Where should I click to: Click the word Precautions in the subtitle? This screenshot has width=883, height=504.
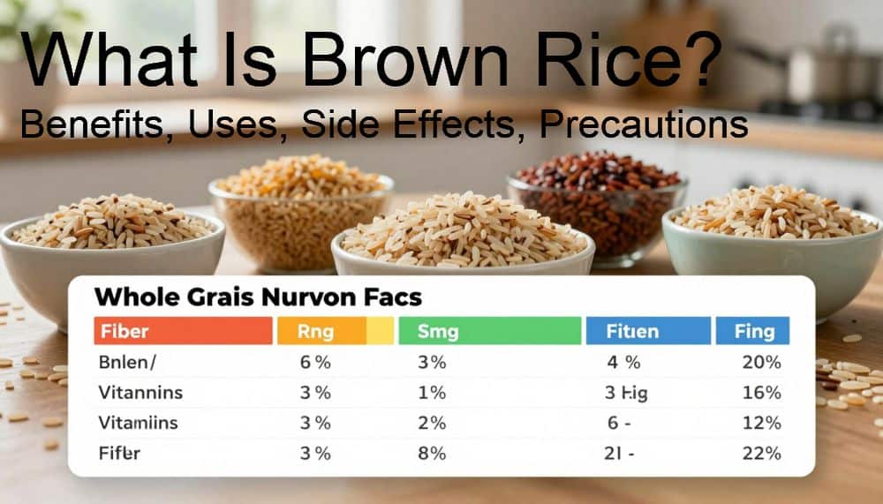coord(644,125)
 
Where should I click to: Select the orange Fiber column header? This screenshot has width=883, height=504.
coord(183,331)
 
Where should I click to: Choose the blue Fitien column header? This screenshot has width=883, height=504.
coord(647,331)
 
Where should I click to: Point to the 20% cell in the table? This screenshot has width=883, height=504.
coord(761,362)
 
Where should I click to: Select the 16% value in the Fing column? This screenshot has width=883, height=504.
coord(761,393)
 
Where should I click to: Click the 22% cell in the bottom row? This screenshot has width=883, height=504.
coord(761,454)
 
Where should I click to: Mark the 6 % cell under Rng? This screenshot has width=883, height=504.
coord(314,362)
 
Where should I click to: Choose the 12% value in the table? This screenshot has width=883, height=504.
coord(761,424)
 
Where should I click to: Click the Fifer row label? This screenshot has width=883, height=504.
coord(121,454)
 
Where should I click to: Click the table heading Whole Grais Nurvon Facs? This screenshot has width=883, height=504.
coord(257,297)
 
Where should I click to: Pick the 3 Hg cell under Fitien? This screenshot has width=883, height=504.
coord(626,393)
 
